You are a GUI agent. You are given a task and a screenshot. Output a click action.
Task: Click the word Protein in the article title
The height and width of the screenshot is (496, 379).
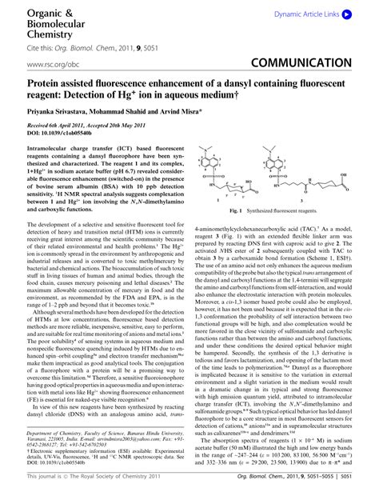point(48,82)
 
